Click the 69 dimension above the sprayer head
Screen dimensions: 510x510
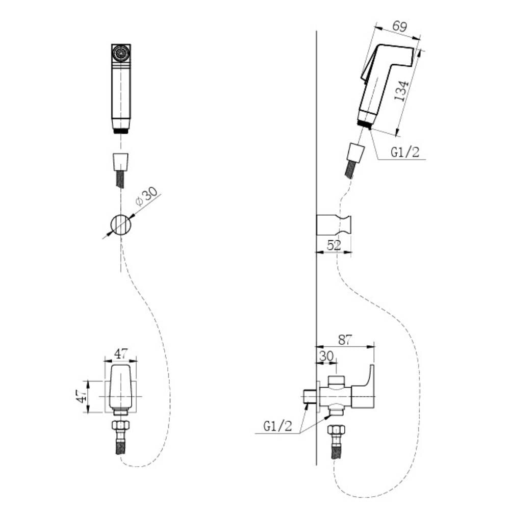point(399,26)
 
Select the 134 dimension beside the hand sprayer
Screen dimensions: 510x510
point(401,91)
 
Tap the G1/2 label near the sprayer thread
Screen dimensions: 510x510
point(405,152)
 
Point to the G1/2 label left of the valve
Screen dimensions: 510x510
point(278,426)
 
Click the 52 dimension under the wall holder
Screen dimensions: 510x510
point(334,245)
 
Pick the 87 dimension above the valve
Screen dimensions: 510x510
point(345,340)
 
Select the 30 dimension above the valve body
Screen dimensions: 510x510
point(326,356)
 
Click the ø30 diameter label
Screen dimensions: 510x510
point(146,197)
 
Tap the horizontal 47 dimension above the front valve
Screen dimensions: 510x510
point(121,353)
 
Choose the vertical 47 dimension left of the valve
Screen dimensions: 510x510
point(81,396)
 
